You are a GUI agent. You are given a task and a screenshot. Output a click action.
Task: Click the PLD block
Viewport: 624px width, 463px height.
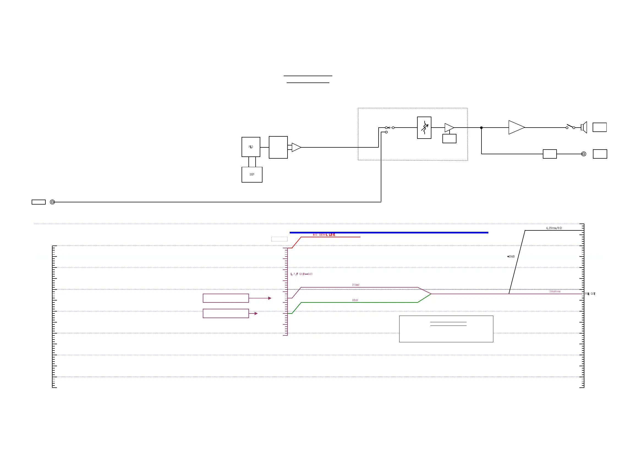pyautogui.click(x=250, y=147)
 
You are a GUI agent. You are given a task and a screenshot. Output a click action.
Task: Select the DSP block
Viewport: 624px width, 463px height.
pyautogui.click(x=251, y=175)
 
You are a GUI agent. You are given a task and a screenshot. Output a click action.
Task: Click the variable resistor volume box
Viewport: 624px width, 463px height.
pyautogui.click(x=424, y=128)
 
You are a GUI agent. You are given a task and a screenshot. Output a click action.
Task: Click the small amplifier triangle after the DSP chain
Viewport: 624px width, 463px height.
pyautogui.click(x=295, y=147)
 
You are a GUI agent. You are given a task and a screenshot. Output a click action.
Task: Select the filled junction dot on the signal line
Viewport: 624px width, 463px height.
pyautogui.click(x=481, y=128)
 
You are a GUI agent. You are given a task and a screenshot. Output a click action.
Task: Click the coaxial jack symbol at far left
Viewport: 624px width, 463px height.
pyautogui.click(x=52, y=202)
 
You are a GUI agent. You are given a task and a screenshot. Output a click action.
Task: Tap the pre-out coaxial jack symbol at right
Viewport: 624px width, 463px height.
pyautogui.click(x=583, y=154)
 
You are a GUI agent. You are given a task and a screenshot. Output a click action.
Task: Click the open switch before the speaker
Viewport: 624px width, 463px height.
pyautogui.click(x=570, y=127)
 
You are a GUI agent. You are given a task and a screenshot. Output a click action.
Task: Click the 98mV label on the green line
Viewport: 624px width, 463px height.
pyautogui.click(x=355, y=300)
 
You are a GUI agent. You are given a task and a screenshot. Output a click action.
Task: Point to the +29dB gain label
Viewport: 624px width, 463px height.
pyautogui.click(x=511, y=257)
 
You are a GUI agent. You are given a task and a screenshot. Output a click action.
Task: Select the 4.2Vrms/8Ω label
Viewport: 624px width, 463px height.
pyautogui.click(x=553, y=228)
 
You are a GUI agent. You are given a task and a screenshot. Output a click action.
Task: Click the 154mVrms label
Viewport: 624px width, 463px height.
pyautogui.click(x=554, y=291)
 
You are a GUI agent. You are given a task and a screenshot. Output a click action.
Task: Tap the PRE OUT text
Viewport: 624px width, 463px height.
pyautogui.click(x=590, y=294)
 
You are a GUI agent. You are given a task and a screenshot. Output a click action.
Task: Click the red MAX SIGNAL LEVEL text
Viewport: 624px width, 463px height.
pyautogui.click(x=324, y=235)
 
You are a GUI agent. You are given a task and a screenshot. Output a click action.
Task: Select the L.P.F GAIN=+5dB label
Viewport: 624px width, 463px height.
pyautogui.click(x=301, y=274)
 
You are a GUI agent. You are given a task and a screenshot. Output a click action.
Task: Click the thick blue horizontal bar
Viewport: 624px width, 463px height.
pyautogui.click(x=389, y=233)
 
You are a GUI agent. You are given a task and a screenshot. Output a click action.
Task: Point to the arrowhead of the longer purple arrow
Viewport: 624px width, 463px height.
pyautogui.click(x=270, y=298)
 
